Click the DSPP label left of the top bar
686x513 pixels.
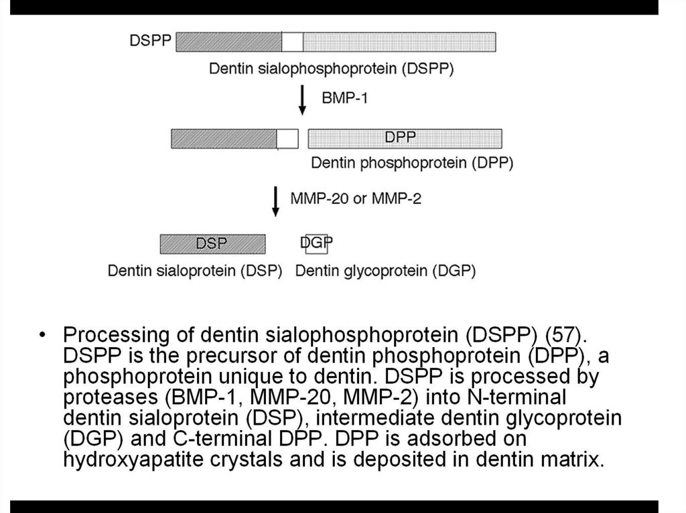tap(149, 41)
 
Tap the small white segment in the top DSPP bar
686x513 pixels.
tap(292, 42)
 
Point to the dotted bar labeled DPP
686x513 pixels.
tap(405, 138)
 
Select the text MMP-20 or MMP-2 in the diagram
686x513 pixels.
tap(356, 199)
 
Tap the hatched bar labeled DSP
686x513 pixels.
tap(212, 243)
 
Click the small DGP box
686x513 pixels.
tap(316, 244)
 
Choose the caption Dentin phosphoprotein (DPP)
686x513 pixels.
tap(412, 163)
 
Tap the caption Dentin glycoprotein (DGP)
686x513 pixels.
tap(385, 271)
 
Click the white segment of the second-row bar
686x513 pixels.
tap(287, 138)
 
